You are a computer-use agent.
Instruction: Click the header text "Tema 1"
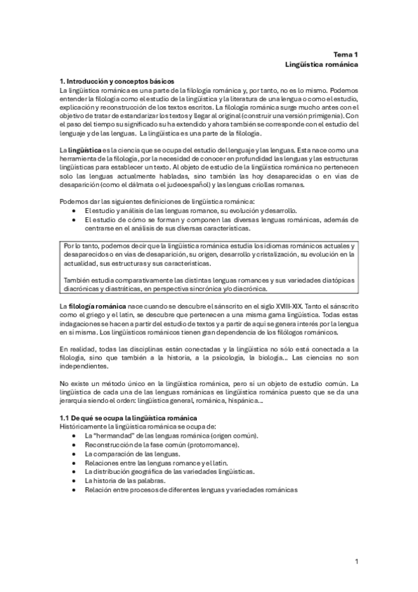coord(345,54)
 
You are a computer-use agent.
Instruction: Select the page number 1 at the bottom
coord(356,562)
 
